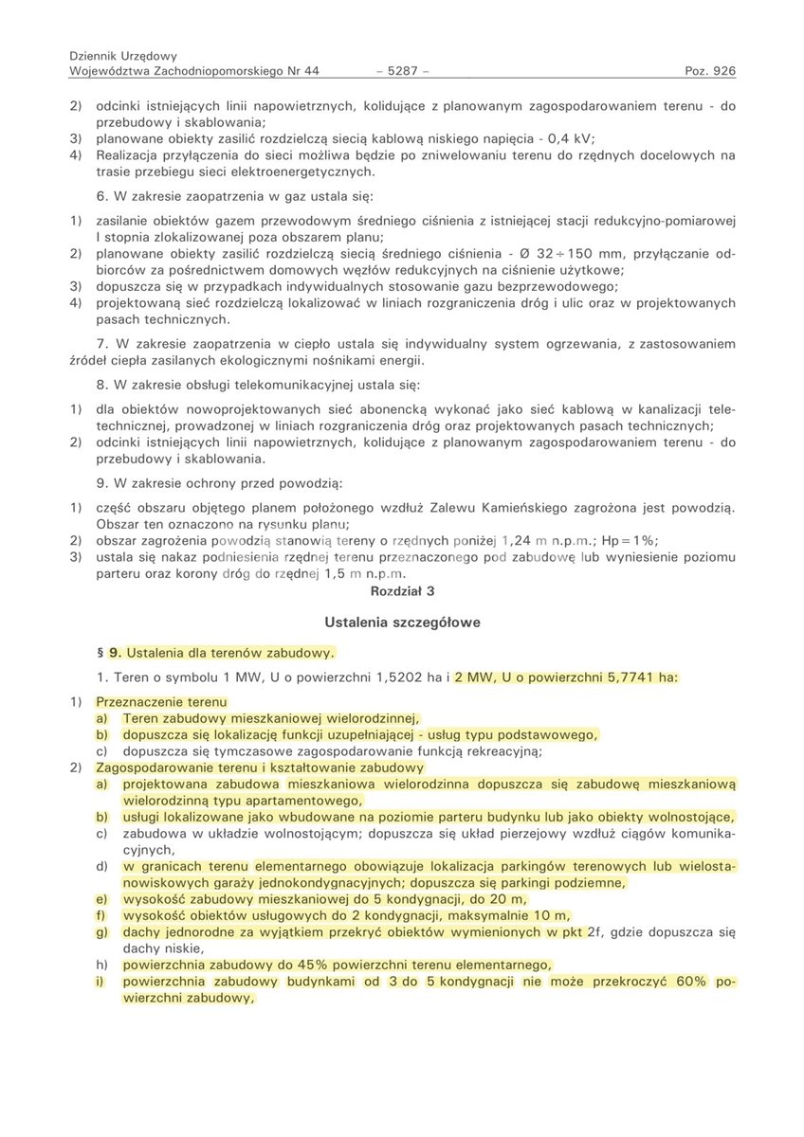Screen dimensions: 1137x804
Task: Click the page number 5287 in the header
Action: [x=403, y=71]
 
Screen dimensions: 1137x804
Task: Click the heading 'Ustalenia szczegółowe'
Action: [x=402, y=623]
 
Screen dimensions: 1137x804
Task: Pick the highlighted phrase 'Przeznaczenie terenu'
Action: [x=161, y=702]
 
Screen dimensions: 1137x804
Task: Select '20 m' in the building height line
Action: [x=508, y=899]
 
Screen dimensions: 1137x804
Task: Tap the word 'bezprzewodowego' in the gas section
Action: [x=560, y=286]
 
